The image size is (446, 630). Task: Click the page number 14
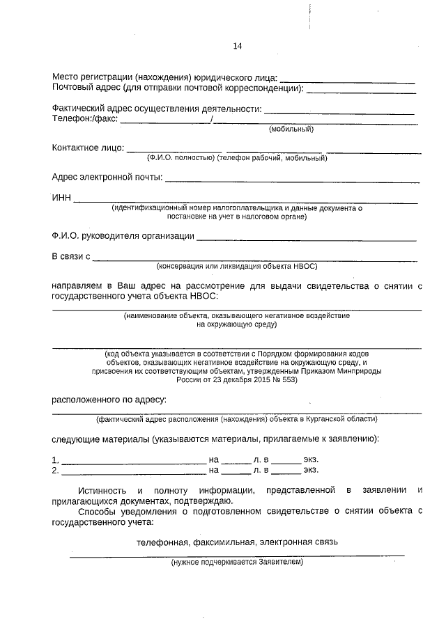pyautogui.click(x=237, y=46)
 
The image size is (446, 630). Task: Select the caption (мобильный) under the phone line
pyautogui.click(x=291, y=129)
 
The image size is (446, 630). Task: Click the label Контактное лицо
pyautogui.click(x=88, y=148)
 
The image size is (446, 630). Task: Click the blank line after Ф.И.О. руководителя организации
pyautogui.click(x=307, y=240)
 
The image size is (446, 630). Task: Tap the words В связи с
pyautogui.click(x=71, y=257)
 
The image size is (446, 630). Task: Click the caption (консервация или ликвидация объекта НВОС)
pyautogui.click(x=236, y=266)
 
